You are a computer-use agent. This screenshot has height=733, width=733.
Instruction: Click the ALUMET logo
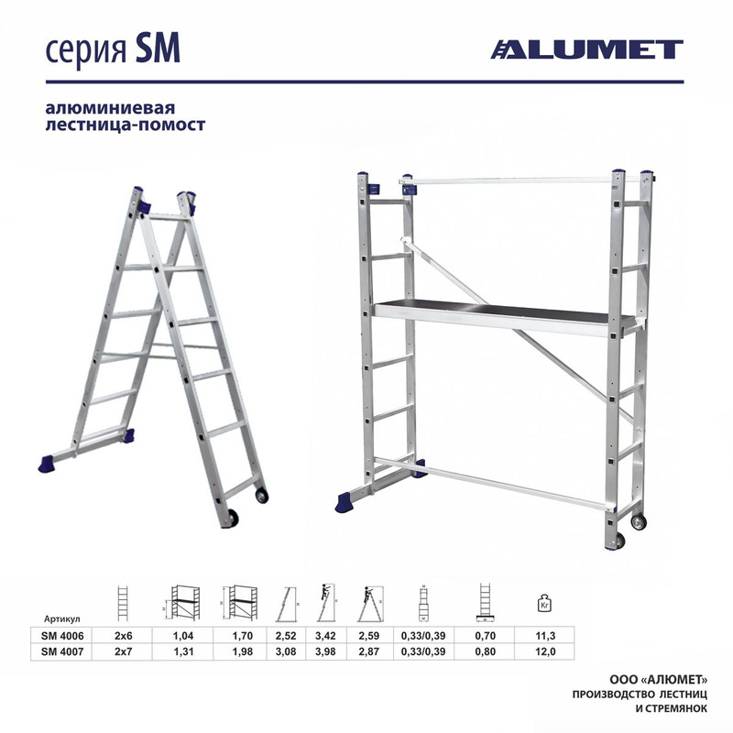click(586, 49)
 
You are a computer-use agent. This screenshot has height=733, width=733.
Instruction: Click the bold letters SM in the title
click(158, 49)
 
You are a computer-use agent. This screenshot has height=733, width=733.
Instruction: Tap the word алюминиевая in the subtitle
click(110, 108)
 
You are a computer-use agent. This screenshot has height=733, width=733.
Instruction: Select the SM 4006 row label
click(62, 636)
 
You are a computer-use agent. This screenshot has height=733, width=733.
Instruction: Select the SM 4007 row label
click(62, 651)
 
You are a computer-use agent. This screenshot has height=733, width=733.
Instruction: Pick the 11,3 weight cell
click(545, 636)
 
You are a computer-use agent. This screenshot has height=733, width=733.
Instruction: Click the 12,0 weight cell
click(545, 651)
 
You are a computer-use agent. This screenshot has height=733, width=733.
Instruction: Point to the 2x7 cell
click(124, 651)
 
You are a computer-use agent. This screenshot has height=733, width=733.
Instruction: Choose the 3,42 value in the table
click(325, 636)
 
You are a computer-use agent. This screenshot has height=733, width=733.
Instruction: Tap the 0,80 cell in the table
click(486, 651)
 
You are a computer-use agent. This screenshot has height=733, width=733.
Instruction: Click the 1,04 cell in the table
click(183, 636)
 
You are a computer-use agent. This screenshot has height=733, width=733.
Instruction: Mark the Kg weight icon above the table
click(544, 603)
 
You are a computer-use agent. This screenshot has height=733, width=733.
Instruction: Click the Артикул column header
click(62, 619)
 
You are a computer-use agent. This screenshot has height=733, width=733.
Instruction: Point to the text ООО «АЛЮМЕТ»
click(658, 679)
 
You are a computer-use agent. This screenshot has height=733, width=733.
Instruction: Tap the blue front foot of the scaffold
click(346, 502)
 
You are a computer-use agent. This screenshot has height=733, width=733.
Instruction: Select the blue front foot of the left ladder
click(47, 464)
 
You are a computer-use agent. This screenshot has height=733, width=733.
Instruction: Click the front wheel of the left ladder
click(232, 519)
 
